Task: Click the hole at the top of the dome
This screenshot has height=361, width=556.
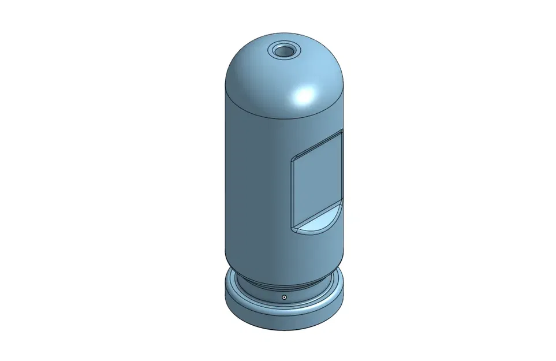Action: (283, 51)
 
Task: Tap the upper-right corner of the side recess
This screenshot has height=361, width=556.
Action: (342, 132)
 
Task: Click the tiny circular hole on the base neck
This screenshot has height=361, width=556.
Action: (284, 297)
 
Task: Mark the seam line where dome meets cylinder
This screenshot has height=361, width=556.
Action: (254, 110)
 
